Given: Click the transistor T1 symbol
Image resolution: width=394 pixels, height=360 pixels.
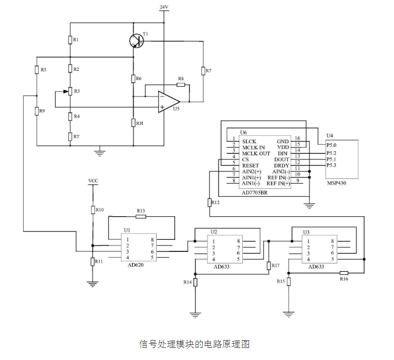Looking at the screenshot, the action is click(x=137, y=41).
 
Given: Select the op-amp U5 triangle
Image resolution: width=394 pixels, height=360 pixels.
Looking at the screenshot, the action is click(x=169, y=102).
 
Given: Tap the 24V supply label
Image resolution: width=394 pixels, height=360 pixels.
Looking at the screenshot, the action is click(x=164, y=7).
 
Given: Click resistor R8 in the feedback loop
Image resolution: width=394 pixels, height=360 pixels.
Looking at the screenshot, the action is click(x=181, y=85).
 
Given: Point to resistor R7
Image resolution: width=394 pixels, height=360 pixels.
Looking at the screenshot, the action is click(x=203, y=71).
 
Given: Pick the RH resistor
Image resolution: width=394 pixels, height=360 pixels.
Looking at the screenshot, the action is click(x=133, y=123).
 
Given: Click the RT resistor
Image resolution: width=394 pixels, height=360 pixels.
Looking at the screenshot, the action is click(x=70, y=136).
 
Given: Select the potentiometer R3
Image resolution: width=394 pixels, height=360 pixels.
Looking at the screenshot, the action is click(x=70, y=91).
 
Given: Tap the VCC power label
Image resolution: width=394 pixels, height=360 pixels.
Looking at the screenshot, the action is click(x=93, y=181).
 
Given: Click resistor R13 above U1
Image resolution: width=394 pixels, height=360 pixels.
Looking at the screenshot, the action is click(x=141, y=216).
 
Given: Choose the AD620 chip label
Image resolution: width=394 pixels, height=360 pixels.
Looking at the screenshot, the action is click(x=136, y=265).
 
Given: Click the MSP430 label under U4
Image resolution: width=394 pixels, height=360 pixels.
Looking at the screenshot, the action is click(x=336, y=183).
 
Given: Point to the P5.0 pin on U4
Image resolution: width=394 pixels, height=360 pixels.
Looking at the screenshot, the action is click(x=331, y=145).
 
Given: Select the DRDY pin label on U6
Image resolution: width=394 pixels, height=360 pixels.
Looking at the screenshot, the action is click(x=282, y=166).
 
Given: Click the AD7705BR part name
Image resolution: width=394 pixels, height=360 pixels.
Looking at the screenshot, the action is click(x=254, y=193).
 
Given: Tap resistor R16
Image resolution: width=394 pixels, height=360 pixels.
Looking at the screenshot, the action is click(x=344, y=273).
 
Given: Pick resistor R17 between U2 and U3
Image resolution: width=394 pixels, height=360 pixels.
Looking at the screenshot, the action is click(x=268, y=266).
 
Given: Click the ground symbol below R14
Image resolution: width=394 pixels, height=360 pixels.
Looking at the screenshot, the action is click(x=195, y=315).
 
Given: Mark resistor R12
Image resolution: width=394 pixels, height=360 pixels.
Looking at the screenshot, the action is click(x=209, y=203).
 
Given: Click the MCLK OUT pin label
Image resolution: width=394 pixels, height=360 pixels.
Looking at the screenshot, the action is click(x=256, y=153).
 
